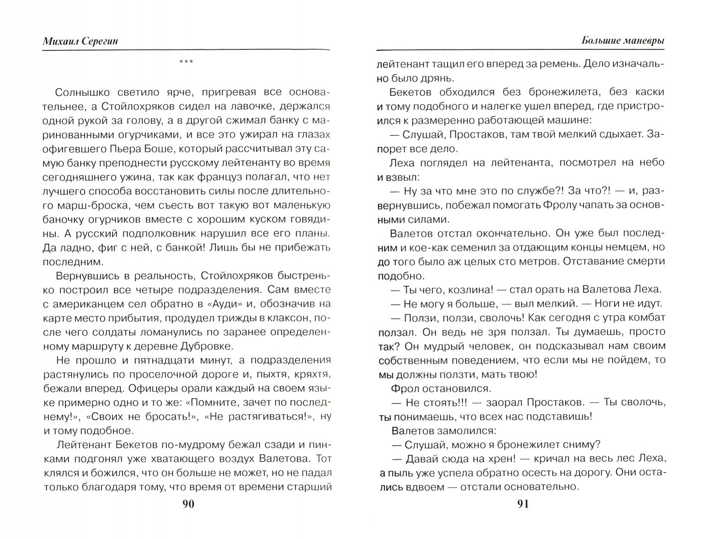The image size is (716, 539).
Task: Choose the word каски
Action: coord(647,92)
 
